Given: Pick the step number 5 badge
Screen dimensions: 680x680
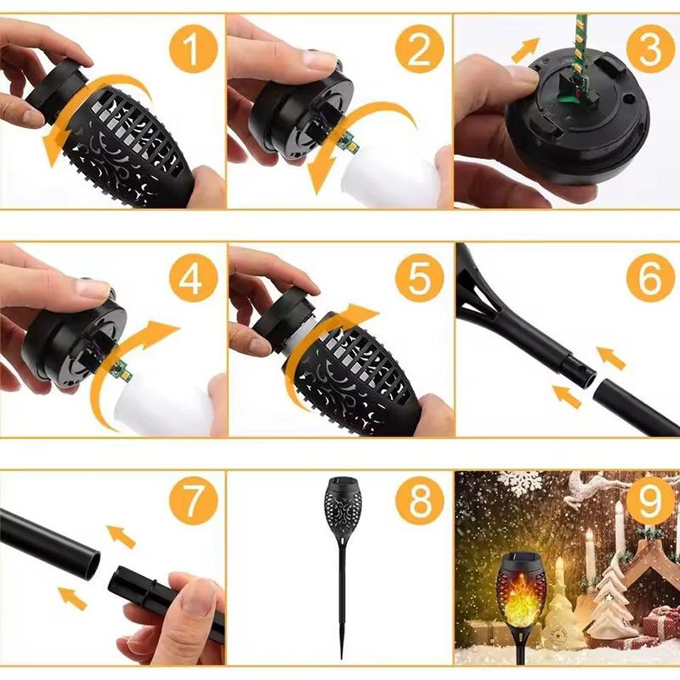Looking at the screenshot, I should pos(420,277).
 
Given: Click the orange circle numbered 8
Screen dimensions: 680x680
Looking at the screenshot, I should pos(420,501).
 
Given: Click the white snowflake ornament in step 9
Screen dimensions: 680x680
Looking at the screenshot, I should pos(520,481).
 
